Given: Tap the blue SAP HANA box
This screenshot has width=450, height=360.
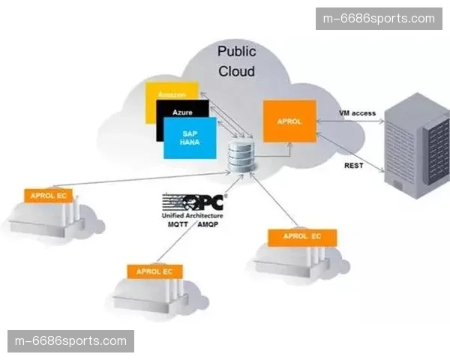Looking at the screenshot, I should [x=189, y=139].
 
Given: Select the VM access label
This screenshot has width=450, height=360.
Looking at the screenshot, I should [x=357, y=112].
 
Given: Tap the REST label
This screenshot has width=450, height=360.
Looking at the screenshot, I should [x=353, y=166].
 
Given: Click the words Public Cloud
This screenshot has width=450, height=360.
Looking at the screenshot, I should [x=236, y=61].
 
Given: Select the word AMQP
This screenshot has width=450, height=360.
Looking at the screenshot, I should [x=208, y=223].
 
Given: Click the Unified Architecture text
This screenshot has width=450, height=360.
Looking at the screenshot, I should [x=192, y=215].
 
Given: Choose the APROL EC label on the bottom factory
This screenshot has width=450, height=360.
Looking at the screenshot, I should [x=155, y=271].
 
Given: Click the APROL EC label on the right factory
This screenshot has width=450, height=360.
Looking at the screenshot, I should [x=301, y=237].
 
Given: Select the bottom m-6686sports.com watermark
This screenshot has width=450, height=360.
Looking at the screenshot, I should [x=71, y=341].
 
